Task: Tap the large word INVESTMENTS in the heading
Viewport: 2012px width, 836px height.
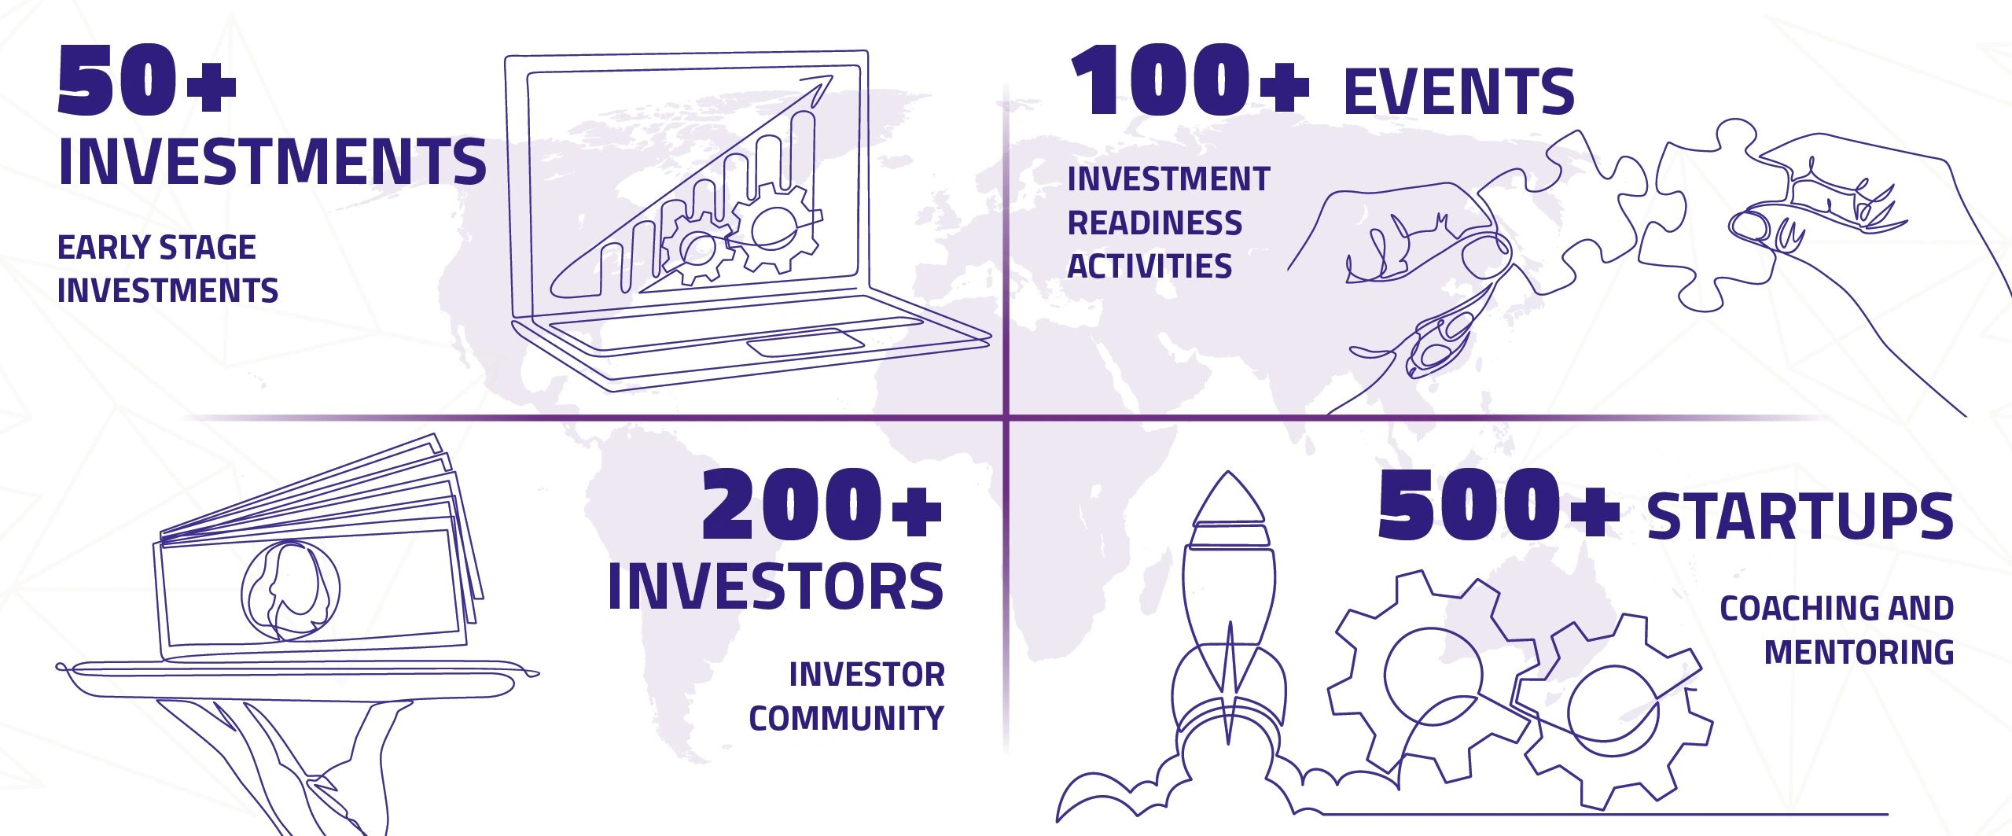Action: [272, 161]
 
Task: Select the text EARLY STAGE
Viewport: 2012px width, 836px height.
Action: [156, 248]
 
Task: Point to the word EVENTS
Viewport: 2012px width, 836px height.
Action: [1459, 91]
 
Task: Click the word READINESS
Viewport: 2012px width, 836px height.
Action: [1154, 223]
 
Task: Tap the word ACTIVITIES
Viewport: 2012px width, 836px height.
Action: [1149, 266]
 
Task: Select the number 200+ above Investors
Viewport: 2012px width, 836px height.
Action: [822, 503]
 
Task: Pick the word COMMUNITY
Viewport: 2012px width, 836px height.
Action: [846, 717]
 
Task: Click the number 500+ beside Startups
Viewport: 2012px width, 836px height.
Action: [1499, 503]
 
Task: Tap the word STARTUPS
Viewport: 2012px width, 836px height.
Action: [1801, 516]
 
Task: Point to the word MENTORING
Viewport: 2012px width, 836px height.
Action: [1859, 652]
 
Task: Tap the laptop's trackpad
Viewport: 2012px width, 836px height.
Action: [806, 344]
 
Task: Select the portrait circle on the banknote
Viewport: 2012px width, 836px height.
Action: [291, 590]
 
